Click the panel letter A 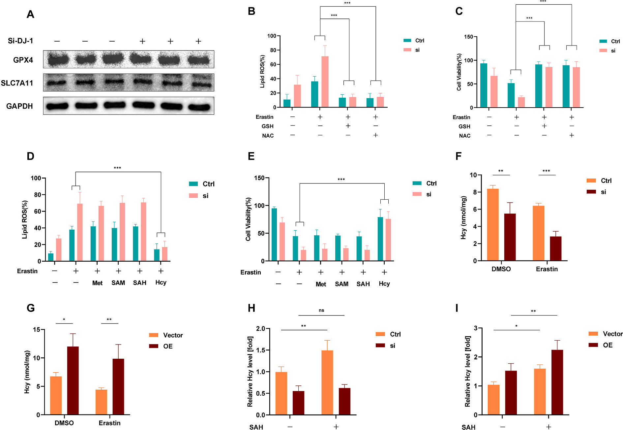(30, 15)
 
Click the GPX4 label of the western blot (23, 60)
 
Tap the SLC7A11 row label (17, 83)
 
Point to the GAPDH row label (19, 106)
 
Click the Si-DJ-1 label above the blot (20, 41)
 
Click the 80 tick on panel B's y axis (273, 50)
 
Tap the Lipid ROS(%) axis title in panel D (25, 219)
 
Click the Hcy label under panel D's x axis (161, 282)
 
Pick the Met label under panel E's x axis (321, 284)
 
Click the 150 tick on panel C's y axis (468, 37)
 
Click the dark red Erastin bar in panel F (555, 248)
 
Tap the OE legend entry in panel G (167, 346)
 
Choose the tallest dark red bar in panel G (73, 380)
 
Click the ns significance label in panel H (321, 310)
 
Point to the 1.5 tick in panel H (260, 350)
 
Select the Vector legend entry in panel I (612, 334)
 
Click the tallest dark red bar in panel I (557, 382)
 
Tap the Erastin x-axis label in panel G (109, 423)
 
